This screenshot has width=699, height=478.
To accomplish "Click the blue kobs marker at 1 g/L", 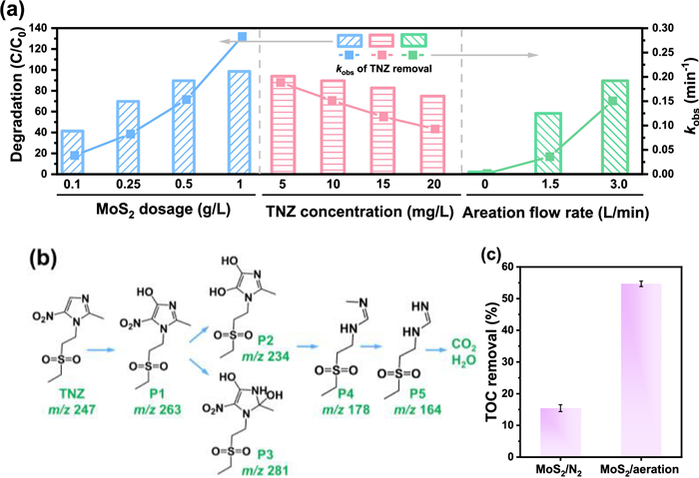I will click(242, 37).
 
